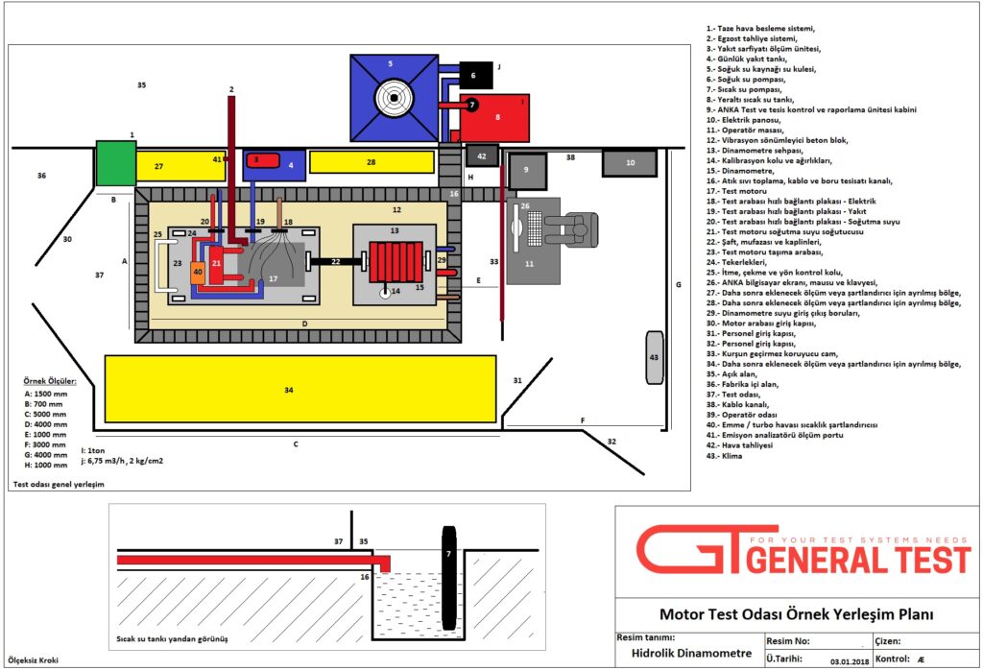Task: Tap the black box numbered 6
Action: [477, 73]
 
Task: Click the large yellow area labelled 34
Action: [300, 389]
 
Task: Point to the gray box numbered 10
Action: [629, 163]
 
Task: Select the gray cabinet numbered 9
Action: [527, 171]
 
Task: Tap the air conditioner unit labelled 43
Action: [655, 357]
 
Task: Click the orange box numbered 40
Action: [198, 272]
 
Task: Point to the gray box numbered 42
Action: [482, 155]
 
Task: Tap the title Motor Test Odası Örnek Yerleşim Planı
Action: [796, 614]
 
